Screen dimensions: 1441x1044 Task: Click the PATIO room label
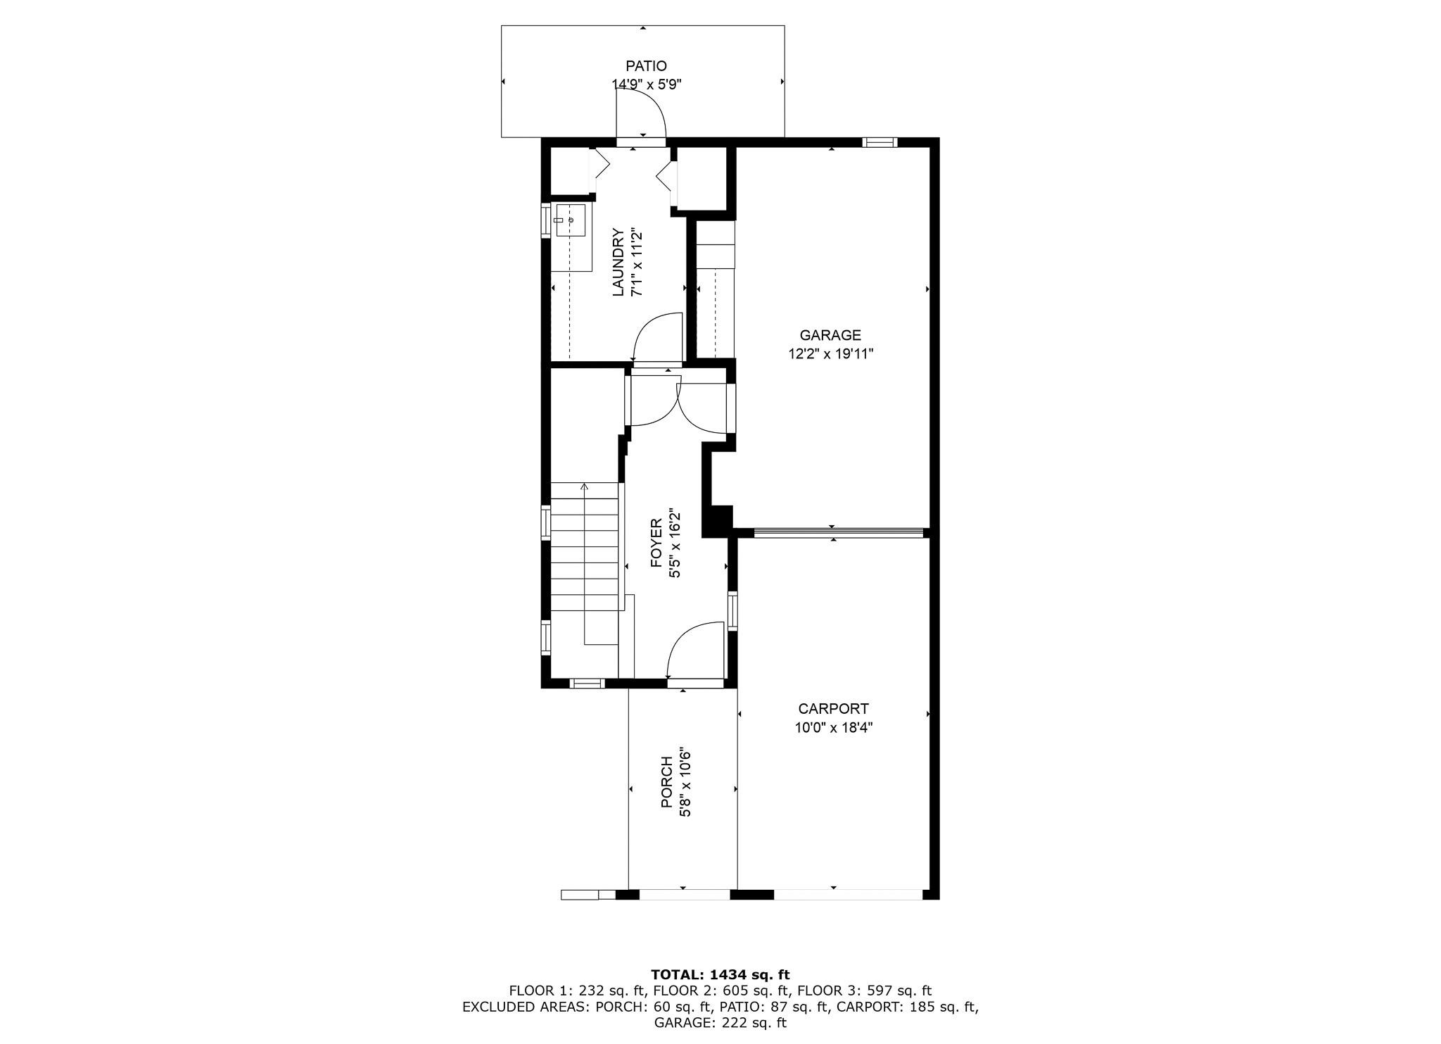pos(647,66)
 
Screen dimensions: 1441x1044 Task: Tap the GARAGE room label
pos(830,336)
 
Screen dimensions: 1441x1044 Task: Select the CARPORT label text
pos(833,709)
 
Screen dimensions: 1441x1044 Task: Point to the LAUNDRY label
pos(618,262)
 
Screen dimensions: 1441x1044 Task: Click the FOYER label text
pos(656,543)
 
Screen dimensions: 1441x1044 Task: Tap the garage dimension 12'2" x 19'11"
pos(830,354)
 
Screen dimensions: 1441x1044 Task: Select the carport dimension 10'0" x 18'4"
pos(834,727)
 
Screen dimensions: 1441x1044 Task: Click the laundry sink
pos(571,220)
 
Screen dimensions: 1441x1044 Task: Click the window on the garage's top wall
pos(880,142)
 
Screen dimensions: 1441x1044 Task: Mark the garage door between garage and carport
pos(838,533)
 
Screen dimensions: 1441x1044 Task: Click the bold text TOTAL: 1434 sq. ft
pos(720,975)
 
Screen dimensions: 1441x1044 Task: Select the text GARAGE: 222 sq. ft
pos(720,1023)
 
